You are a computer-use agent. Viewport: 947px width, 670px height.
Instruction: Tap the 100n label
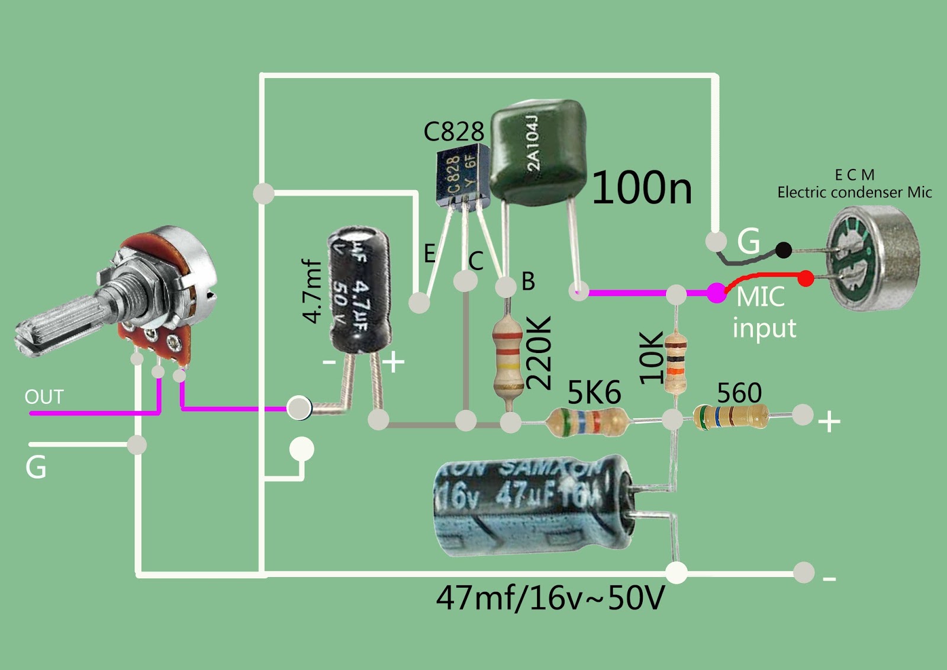tap(642, 188)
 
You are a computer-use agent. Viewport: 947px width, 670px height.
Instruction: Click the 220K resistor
tap(508, 356)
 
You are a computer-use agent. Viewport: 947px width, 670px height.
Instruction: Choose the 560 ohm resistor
tap(732, 416)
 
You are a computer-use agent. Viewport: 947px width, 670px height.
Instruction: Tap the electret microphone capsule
tap(873, 258)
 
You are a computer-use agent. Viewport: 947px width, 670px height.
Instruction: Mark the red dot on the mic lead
tap(806, 278)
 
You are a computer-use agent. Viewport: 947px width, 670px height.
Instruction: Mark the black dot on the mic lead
tap(783, 250)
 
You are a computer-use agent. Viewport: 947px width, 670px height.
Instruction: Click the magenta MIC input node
tap(717, 292)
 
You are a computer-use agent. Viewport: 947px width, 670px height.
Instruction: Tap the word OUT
tap(44, 396)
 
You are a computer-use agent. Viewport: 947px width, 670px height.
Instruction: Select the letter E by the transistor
tap(430, 254)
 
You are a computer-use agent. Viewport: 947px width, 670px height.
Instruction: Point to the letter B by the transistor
tap(528, 281)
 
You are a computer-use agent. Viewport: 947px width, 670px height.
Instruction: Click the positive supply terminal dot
tap(803, 415)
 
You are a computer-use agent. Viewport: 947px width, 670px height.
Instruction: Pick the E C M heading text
tap(854, 175)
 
